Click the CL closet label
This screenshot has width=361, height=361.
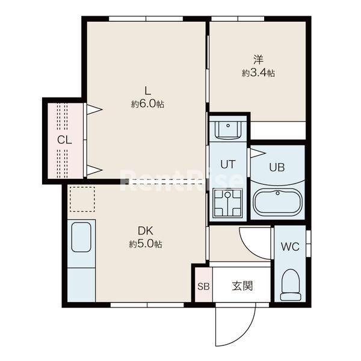pos(64,140)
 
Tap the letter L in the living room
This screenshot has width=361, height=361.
pos(147,91)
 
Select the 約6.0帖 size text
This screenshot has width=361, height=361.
pos(147,104)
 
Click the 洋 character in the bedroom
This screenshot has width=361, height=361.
pos(258,60)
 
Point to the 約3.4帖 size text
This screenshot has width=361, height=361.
pos(259,73)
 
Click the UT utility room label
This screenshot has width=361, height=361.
pos(227,164)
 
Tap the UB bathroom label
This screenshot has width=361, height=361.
pos(277,167)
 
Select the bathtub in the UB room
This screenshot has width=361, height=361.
pos(277,202)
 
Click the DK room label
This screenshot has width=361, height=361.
pos(144,230)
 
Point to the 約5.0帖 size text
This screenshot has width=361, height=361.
pos(145,244)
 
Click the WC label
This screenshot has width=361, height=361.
pos(290,247)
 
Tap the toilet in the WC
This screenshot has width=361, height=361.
pos(291,284)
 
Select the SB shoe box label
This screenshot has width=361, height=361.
pos(202,286)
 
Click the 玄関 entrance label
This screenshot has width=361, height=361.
pos(242,286)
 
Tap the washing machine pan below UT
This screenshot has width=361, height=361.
pos(227,203)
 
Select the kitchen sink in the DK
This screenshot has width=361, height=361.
pos(81,238)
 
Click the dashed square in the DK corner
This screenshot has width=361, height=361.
pos(82,200)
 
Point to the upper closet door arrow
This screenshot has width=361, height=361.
pos(94,110)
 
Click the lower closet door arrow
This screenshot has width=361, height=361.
pos(94,170)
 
